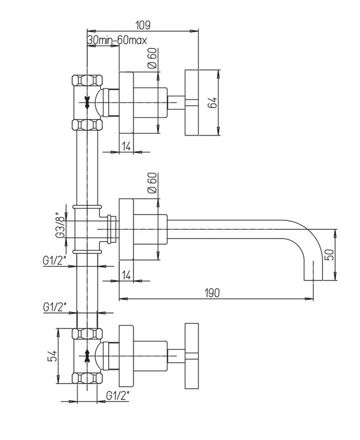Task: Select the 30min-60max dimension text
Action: (117, 40)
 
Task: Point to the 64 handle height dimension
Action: (212, 103)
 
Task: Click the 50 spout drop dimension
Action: (330, 255)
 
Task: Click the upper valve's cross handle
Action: (191, 103)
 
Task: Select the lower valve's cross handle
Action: (191, 356)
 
